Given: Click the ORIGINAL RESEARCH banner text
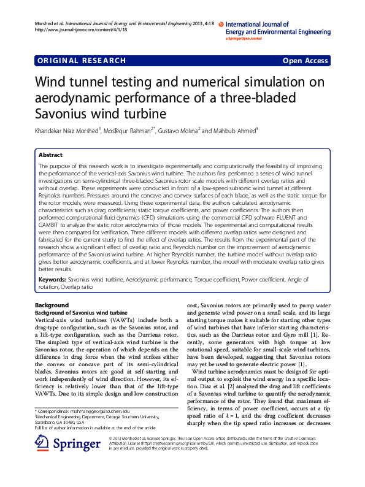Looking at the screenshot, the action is click(82, 61).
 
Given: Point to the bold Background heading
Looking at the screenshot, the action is click(52, 305).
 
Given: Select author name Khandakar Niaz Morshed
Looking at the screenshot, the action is click(66, 131).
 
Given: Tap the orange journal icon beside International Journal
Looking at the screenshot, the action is click(221, 23).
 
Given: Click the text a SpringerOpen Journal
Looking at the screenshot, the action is click(244, 39).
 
